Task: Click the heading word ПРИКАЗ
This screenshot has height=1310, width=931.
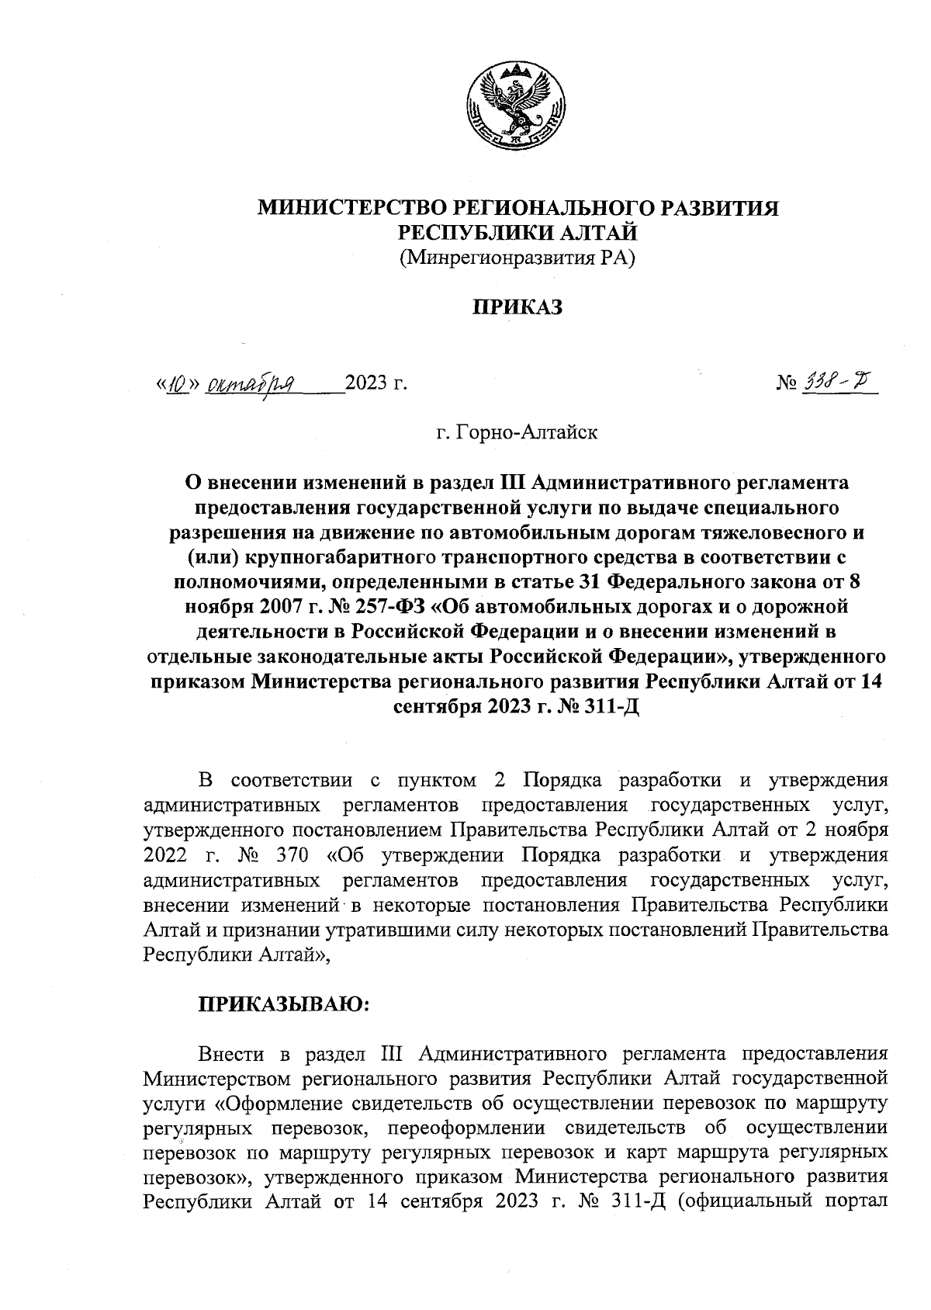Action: point(517,307)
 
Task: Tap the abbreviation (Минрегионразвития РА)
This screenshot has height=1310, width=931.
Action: point(517,257)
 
